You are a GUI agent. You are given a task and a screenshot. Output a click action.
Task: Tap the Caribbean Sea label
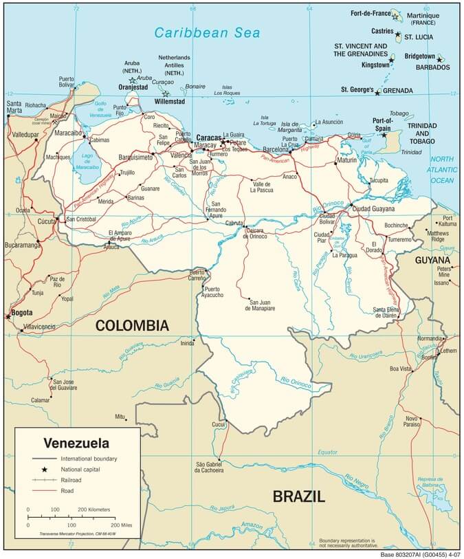pyautogui.click(x=197, y=32)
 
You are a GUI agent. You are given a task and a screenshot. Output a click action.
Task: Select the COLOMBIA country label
pyautogui.click(x=131, y=325)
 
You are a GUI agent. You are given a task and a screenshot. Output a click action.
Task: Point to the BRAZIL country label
pyautogui.click(x=298, y=496)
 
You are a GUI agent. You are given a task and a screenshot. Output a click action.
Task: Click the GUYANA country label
pyautogui.click(x=432, y=261)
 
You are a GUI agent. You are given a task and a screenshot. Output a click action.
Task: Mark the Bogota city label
pyautogui.click(x=18, y=314)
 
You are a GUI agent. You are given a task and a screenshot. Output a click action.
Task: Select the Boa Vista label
pyautogui.click(x=400, y=369)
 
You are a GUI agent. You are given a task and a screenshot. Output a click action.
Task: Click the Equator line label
pyautogui.click(x=328, y=452)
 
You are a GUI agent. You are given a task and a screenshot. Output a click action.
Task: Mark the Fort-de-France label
pyautogui.click(x=370, y=13)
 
